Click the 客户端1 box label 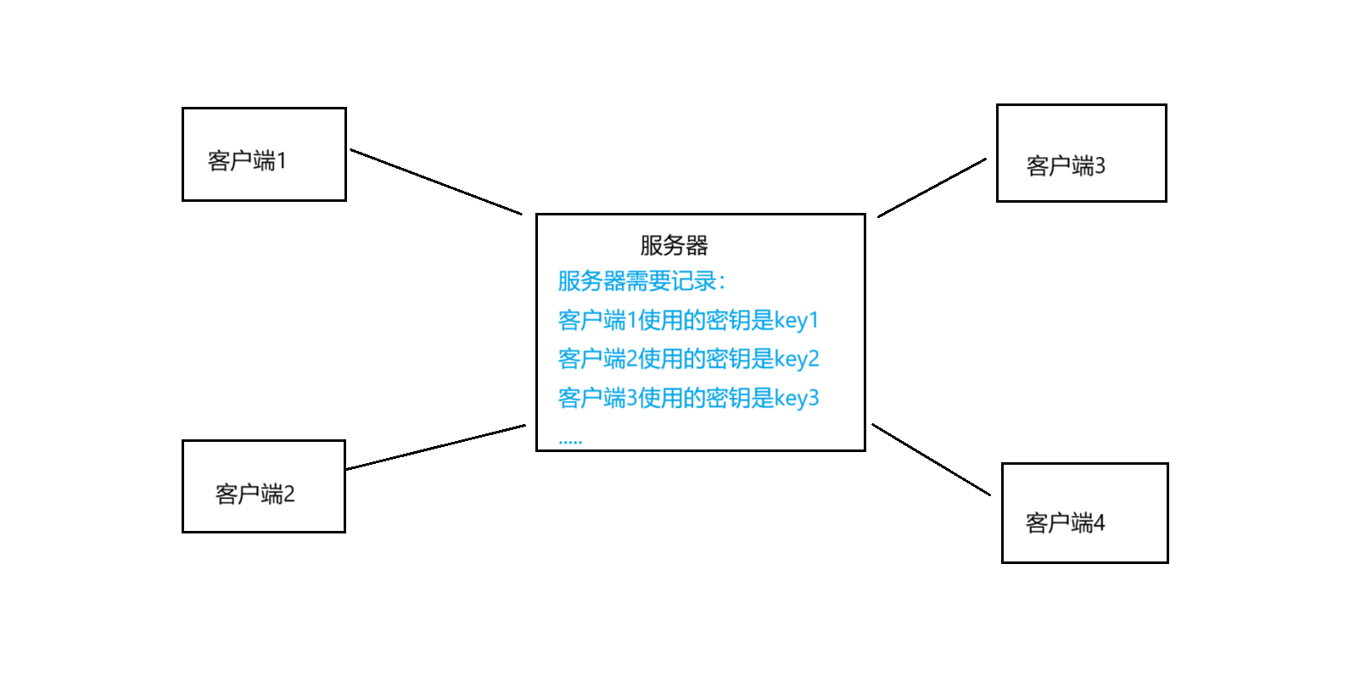click(x=247, y=160)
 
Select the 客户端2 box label click(x=255, y=494)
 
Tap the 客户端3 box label click(x=1066, y=165)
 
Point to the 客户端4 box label click(x=1065, y=522)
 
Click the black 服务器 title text click(x=674, y=245)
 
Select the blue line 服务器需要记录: click(x=641, y=281)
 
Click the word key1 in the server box click(x=797, y=321)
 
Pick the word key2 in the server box click(x=797, y=360)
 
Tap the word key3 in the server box click(x=797, y=399)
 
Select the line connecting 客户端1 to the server click(x=436, y=182)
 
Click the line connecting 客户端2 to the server click(x=436, y=447)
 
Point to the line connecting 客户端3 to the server click(x=932, y=187)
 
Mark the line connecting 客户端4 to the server click(x=931, y=460)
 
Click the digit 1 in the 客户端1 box click(x=282, y=160)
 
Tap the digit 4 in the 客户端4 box click(x=1100, y=522)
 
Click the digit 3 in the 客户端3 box click(x=1100, y=165)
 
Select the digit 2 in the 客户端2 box click(x=289, y=494)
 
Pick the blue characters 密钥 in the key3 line click(x=728, y=399)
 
